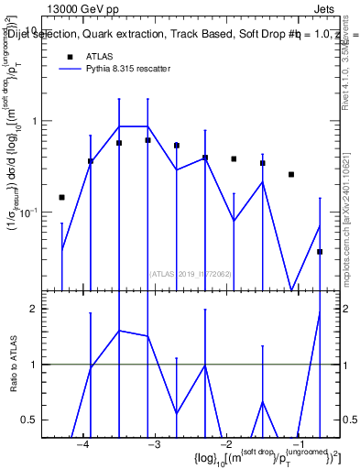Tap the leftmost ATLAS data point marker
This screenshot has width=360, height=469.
click(x=61, y=197)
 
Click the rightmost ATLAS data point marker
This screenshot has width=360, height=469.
click(x=320, y=251)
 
